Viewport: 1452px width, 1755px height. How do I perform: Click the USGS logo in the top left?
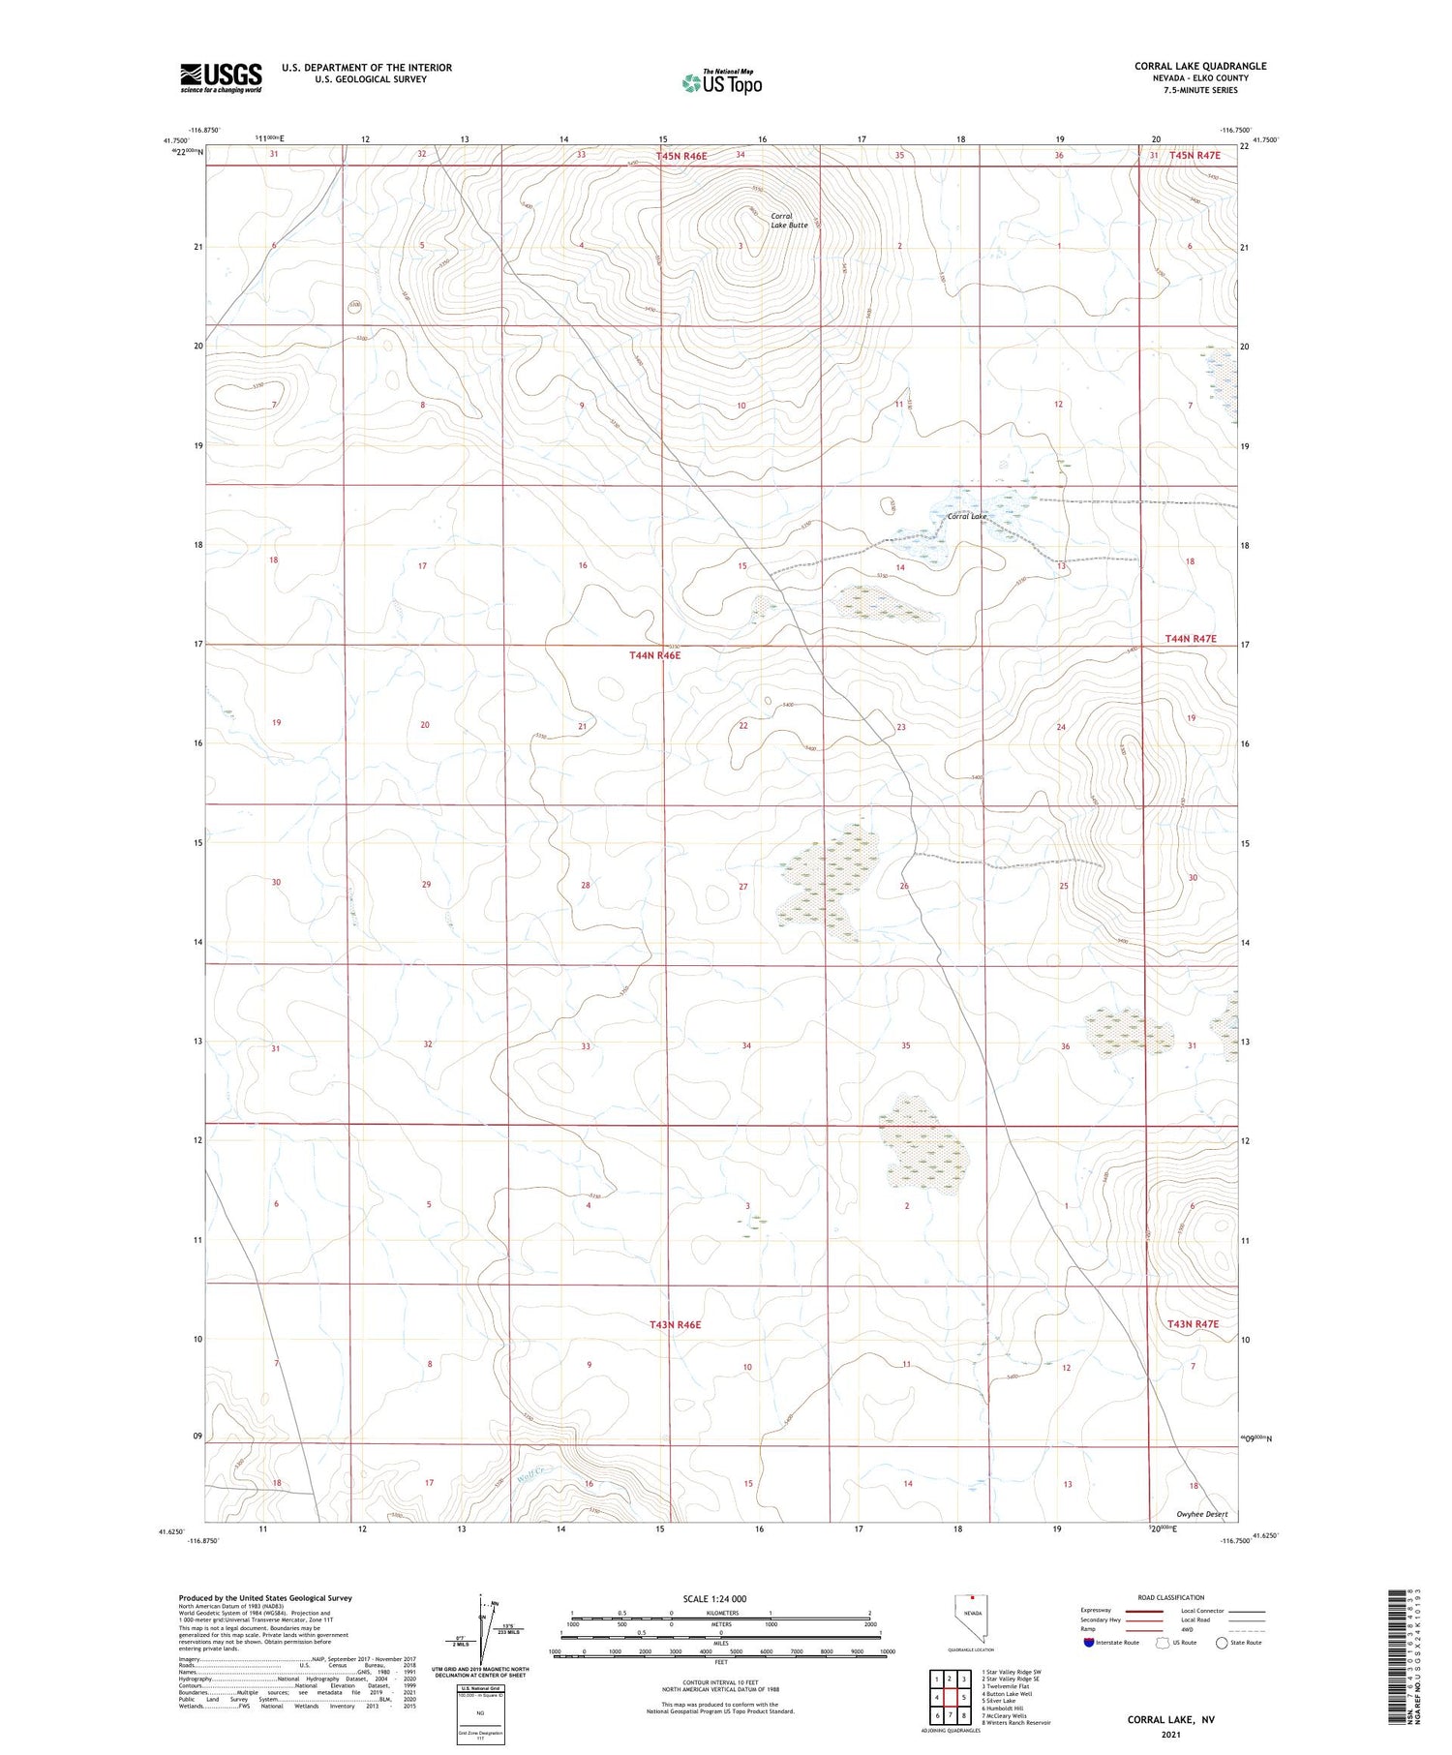coord(221,77)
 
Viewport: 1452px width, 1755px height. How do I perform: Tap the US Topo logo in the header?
coord(721,83)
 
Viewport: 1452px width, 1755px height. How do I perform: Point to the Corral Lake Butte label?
coord(788,221)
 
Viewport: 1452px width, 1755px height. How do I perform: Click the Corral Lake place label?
coord(966,516)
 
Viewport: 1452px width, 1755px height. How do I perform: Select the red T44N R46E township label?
coord(655,655)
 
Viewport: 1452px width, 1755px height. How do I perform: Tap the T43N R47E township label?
coord(1193,1323)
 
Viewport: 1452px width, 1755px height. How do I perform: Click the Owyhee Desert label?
coord(1201,1514)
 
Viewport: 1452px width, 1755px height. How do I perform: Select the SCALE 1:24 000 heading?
coord(715,1598)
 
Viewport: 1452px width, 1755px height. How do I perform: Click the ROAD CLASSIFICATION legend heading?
coord(1171,1597)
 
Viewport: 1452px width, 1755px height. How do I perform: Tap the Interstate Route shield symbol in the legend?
coord(1089,1642)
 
